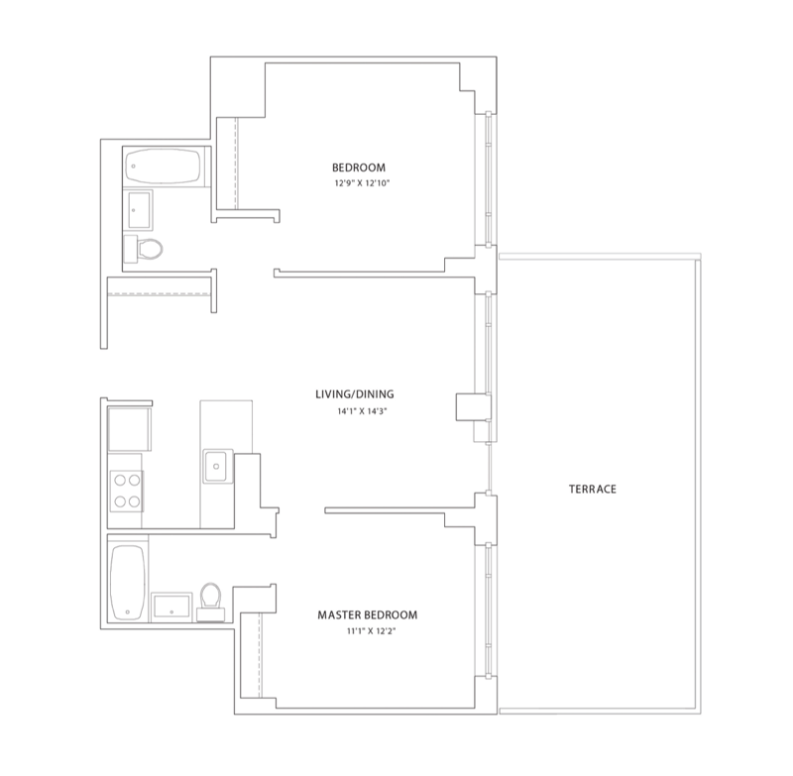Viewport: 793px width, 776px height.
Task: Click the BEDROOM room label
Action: (359, 167)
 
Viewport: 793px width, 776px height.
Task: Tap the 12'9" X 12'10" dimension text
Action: (362, 183)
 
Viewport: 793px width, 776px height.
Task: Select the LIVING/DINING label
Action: (355, 394)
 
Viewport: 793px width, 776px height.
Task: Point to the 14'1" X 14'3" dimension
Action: (362, 411)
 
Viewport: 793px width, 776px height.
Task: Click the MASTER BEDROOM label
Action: (368, 614)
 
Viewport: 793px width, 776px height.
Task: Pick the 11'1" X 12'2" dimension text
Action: (371, 631)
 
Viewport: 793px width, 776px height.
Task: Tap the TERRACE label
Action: (593, 489)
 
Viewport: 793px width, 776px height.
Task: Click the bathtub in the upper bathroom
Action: (163, 166)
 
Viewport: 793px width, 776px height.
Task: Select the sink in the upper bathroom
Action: (139, 210)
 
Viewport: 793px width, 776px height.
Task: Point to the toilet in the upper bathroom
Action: (143, 249)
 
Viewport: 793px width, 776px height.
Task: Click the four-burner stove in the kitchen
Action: (127, 491)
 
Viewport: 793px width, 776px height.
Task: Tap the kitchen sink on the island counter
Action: (218, 466)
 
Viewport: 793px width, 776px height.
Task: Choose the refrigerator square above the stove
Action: (130, 429)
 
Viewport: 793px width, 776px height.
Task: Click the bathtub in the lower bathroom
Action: (128, 583)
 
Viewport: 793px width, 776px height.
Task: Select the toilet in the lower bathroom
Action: (210, 602)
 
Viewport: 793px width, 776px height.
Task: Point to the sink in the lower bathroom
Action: (171, 606)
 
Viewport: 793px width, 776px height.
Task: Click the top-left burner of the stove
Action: (120, 480)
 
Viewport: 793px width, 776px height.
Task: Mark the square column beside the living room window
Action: (474, 407)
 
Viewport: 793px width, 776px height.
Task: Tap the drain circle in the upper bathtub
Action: (134, 166)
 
